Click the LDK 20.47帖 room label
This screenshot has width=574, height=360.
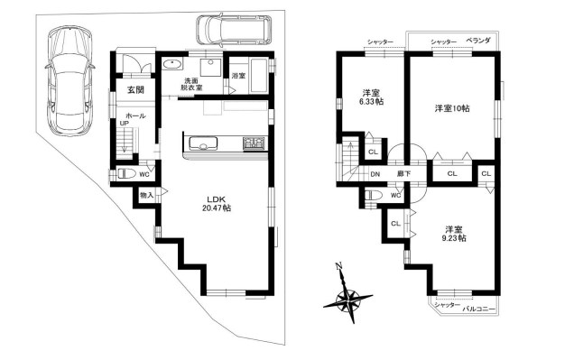[217, 204]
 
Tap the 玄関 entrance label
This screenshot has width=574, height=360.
[135, 89]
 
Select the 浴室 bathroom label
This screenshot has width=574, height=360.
[238, 76]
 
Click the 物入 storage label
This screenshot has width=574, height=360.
[147, 196]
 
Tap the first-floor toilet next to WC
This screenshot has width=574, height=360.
[126, 173]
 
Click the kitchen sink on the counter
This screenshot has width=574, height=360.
[202, 143]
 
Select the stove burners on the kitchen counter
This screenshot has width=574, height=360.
[254, 143]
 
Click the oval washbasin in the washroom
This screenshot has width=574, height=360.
[171, 64]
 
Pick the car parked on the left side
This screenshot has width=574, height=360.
[69, 81]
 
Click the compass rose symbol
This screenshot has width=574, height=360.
[347, 298]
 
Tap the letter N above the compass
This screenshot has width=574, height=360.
[339, 266]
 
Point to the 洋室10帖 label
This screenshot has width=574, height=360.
[452, 108]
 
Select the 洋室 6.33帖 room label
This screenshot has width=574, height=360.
[371, 97]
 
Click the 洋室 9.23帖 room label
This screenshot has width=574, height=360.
[454, 234]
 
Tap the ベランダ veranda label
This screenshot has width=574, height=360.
[478, 41]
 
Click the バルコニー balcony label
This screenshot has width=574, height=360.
[479, 309]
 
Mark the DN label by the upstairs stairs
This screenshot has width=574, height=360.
[375, 174]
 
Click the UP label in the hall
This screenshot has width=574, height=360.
[125, 124]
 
